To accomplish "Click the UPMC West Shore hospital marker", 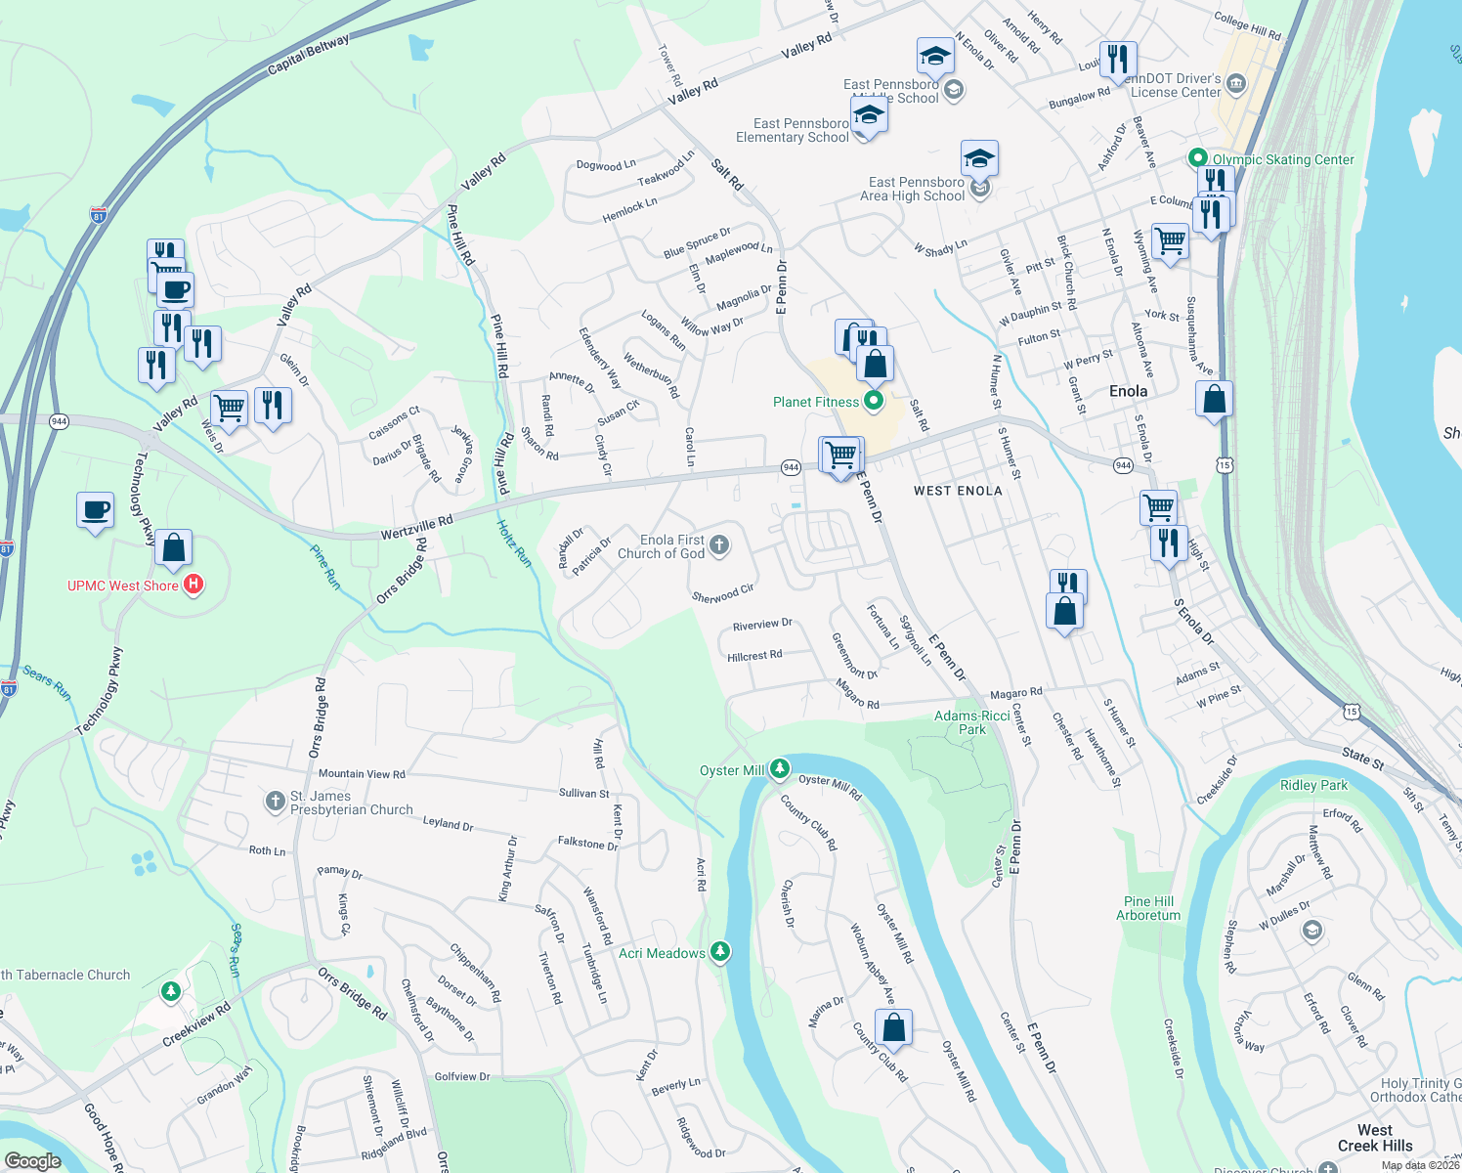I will pos(193,585).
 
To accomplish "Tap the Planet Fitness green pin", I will pos(874,401).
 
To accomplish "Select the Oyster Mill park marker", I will pos(779,769).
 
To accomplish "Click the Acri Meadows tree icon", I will pos(720,952).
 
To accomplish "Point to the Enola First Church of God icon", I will pos(719,545).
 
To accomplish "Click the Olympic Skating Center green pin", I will pos(1197,158).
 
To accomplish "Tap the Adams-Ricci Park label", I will pos(971,722).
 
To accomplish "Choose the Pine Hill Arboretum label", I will pos(1148,908).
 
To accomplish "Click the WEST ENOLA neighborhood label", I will pos(958,491).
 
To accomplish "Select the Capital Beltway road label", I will pos(308,55).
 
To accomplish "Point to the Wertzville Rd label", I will pos(417,528).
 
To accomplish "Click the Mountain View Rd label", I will pos(362,773).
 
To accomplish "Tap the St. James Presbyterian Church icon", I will pos(275,802).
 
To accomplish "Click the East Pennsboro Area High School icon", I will pos(979,188).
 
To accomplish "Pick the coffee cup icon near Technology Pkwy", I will pos(95,509).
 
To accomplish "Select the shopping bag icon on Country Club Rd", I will pos(893,1027).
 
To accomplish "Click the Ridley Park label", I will pos(1313,785).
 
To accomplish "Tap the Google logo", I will pos(32,1161).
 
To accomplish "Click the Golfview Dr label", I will pos(462,1076).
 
